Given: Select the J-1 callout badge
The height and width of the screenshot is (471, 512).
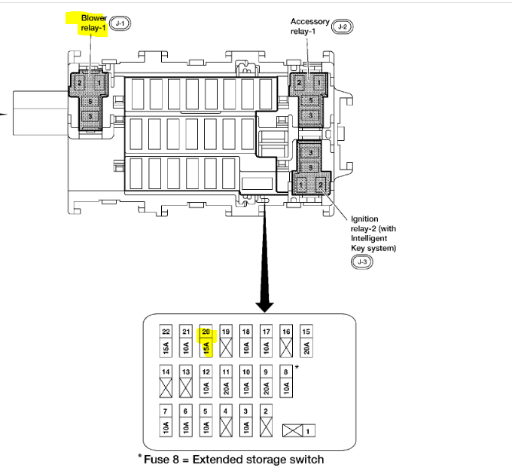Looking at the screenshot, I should click(120, 24).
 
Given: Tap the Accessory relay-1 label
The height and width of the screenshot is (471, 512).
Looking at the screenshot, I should click(310, 26).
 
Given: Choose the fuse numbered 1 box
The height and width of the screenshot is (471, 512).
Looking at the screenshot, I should click(300, 430).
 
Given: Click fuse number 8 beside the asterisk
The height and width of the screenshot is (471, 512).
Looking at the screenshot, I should click(285, 381).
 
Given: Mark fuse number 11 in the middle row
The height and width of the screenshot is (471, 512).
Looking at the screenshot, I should click(226, 381).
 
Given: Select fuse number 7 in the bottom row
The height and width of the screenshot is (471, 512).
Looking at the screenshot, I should click(166, 420).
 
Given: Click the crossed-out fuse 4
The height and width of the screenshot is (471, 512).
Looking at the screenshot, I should click(226, 420).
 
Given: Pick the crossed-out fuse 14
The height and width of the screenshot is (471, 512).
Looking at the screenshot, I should click(166, 381).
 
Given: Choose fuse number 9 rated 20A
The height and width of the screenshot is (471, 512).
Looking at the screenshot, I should click(266, 381).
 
